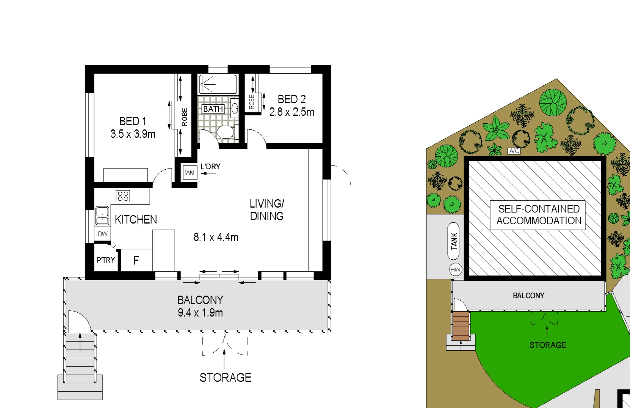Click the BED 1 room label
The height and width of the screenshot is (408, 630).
point(133,121)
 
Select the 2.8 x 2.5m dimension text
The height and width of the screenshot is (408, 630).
point(291,112)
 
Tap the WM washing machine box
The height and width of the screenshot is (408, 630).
point(190,173)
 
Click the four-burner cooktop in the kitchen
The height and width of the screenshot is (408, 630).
point(123,196)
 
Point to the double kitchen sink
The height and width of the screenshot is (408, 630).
point(102,216)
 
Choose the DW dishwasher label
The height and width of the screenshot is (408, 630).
point(103,234)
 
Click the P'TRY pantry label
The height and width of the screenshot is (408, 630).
point(105,260)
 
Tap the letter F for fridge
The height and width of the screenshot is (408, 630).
point(136,260)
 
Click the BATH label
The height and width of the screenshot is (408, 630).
point(213,109)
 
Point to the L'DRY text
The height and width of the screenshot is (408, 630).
point(210,166)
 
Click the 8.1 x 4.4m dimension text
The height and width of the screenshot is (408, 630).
point(216,237)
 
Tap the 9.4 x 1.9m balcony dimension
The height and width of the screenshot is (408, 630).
point(200,313)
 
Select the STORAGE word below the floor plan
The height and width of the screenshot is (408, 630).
point(226,377)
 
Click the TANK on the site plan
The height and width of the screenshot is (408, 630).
point(454,241)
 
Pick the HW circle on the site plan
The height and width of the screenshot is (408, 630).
point(455,270)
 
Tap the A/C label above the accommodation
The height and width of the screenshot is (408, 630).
point(514,151)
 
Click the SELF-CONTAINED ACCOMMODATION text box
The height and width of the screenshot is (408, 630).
point(538,215)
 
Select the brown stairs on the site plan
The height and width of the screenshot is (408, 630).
point(461,326)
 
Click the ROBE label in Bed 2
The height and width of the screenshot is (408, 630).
point(251,102)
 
